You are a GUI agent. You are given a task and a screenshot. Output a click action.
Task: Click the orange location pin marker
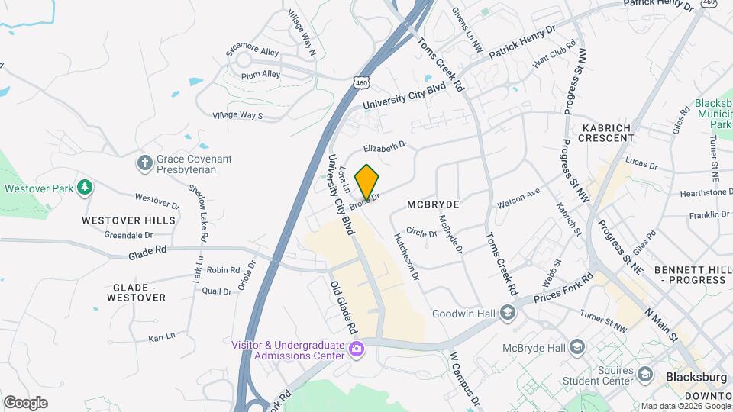367,182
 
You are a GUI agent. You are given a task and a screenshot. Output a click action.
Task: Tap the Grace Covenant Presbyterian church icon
144,163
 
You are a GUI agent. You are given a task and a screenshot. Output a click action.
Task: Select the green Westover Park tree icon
86,187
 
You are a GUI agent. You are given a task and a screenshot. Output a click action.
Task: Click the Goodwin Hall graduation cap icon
507,313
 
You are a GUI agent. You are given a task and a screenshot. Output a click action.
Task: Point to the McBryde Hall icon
577,348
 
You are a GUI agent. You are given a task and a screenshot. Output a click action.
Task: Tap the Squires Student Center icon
645,375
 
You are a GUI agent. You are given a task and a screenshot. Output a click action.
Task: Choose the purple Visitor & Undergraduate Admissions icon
356,349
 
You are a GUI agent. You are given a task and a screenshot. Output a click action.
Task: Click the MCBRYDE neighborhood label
433,204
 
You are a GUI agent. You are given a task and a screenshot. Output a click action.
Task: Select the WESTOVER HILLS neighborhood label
128,220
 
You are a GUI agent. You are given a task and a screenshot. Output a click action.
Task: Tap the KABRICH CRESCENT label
607,133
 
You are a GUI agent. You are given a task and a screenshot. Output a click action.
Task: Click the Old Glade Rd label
344,307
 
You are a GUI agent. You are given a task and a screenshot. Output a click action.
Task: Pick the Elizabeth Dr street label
386,145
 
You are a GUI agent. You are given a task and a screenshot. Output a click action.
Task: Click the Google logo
25,403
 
